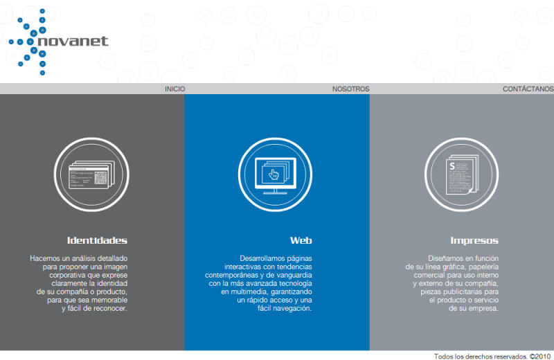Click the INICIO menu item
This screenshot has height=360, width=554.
coord(175,89)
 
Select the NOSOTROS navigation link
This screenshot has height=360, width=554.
coord(350,89)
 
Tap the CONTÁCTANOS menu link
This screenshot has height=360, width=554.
coord(528,89)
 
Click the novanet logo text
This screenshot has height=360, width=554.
coord(74,41)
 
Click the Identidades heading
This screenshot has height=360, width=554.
coord(97,241)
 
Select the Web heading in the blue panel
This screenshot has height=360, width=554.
coord(301,241)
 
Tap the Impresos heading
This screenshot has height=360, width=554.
coord(474,241)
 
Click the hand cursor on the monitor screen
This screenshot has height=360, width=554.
coord(274,174)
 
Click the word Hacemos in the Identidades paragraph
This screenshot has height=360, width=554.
coord(46,258)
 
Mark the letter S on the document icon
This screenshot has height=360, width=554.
coord(452,166)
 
